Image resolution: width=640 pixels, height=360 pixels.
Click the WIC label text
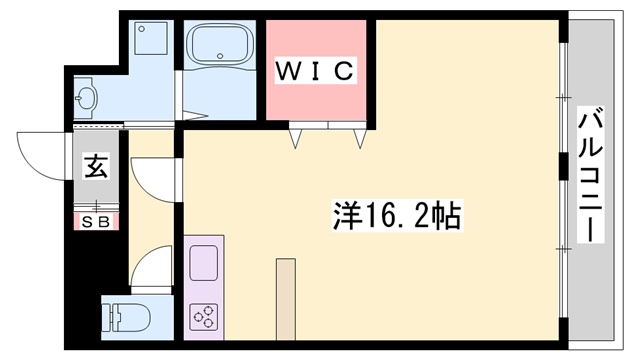(314, 70)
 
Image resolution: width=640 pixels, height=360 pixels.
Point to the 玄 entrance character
(96, 167)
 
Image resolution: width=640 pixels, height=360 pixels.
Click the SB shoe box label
(96, 221)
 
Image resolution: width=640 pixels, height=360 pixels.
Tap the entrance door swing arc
(45, 156)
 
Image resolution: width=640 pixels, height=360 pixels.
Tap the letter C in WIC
(342, 70)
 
